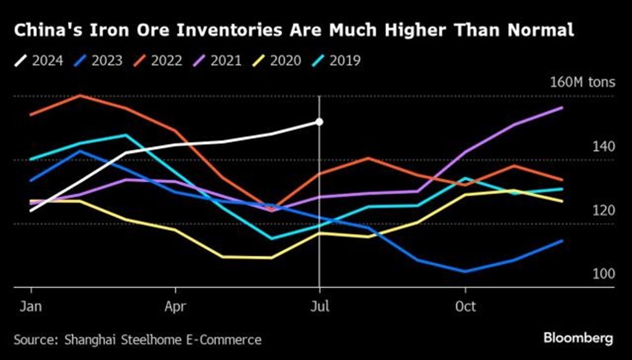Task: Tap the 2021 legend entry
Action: click(220, 62)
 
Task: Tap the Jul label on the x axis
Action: click(320, 306)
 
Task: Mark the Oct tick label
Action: click(465, 306)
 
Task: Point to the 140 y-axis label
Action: click(603, 147)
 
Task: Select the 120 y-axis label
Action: click(603, 210)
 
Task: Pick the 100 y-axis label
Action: click(603, 274)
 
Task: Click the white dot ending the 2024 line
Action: click(320, 121)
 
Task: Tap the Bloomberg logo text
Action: click(578, 339)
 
